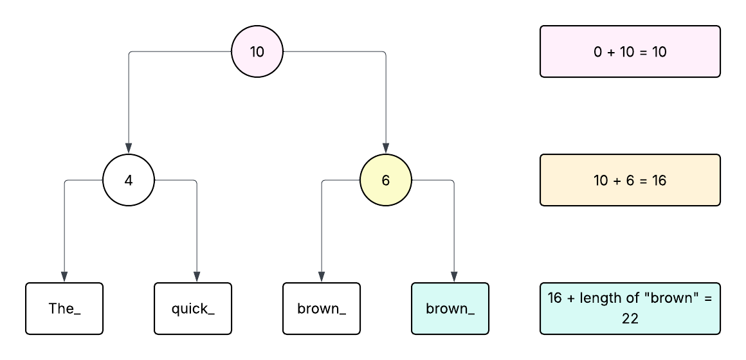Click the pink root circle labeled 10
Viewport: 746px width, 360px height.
(x=257, y=51)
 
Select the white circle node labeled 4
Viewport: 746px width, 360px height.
(x=129, y=180)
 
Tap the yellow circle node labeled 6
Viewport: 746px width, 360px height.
(x=386, y=180)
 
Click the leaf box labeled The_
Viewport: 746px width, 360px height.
(x=64, y=309)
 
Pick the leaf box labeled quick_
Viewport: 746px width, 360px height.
(x=193, y=309)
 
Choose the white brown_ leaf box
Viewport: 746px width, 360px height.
(x=322, y=309)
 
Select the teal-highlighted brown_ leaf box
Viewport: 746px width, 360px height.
(x=450, y=309)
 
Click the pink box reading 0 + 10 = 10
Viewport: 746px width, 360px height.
(x=630, y=51)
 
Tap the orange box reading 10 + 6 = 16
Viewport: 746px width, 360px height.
(x=630, y=180)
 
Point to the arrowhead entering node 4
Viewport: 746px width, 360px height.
(x=129, y=148)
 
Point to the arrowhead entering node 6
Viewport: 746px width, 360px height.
(x=386, y=148)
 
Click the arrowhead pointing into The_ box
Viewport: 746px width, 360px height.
(x=64, y=277)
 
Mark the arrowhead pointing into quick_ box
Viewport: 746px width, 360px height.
(x=197, y=277)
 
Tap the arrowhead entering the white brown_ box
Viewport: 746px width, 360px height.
(x=322, y=277)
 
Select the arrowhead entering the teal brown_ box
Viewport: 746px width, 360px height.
(x=454, y=277)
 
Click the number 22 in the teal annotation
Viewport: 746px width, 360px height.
(x=630, y=318)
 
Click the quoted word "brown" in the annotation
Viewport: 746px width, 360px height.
(x=666, y=299)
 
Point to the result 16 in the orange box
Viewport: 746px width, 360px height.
(x=659, y=180)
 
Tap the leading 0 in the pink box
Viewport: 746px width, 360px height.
(x=597, y=51)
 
